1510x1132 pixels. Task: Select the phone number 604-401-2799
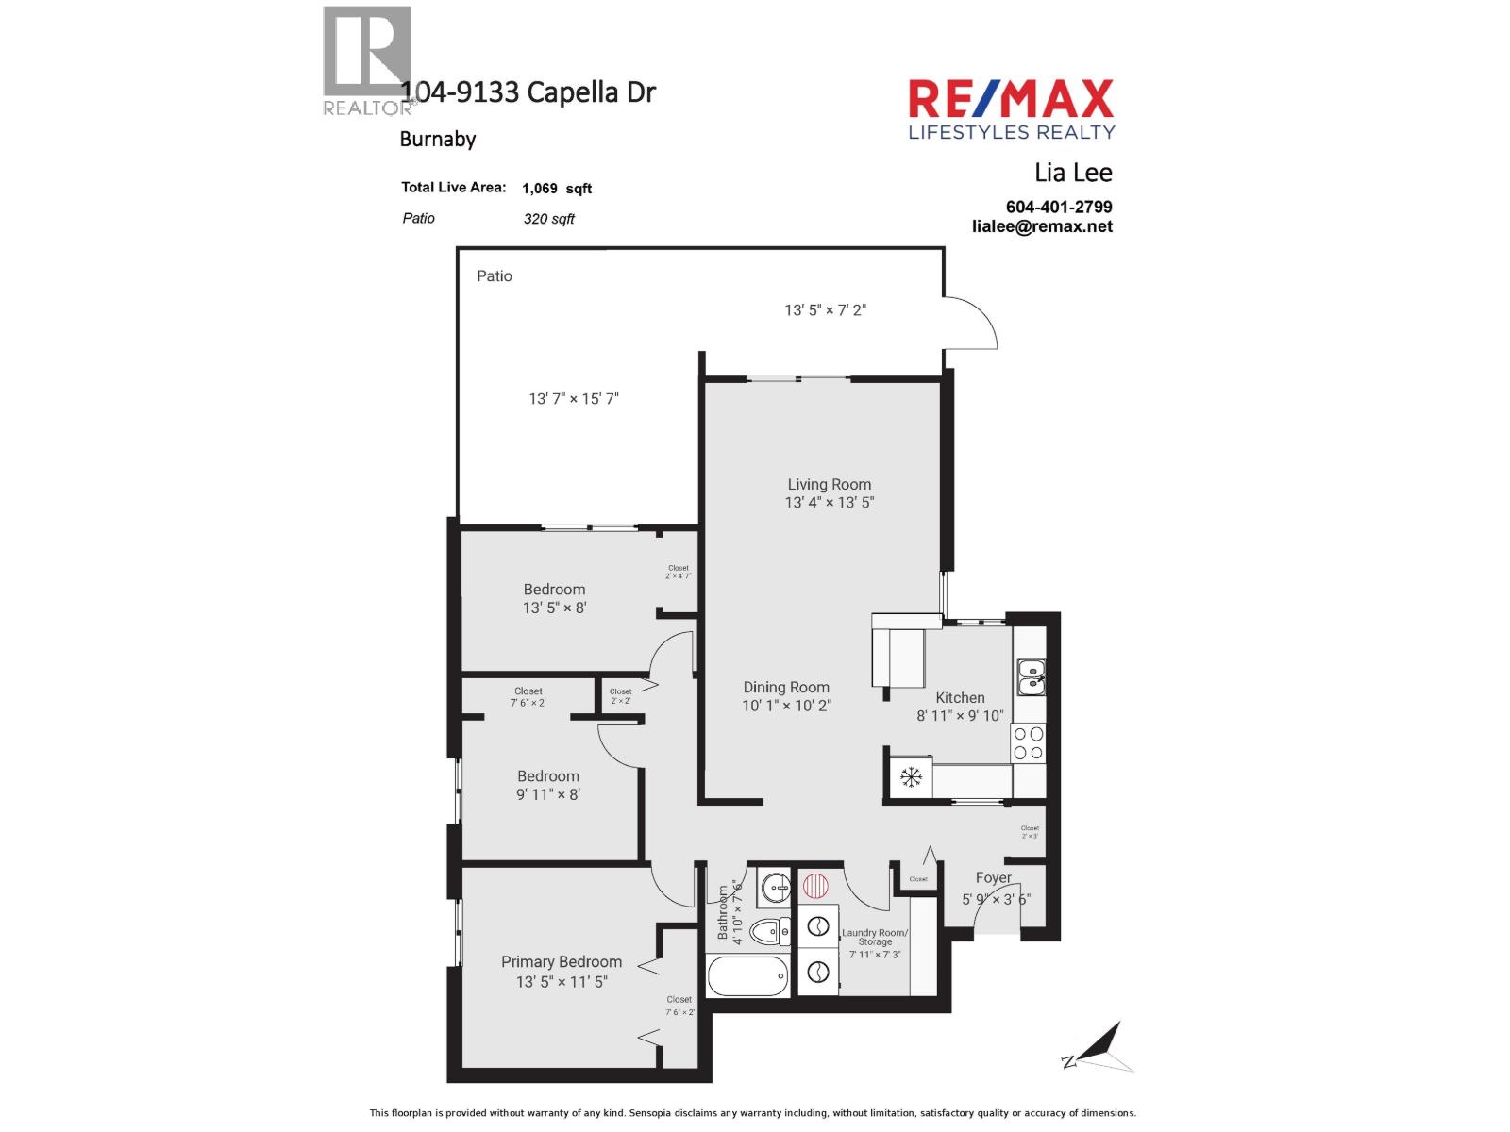[1059, 207]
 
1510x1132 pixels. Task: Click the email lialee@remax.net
[1042, 226]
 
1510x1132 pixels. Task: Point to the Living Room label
[830, 484]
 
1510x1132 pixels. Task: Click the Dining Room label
[786, 688]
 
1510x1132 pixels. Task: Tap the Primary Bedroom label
[562, 961]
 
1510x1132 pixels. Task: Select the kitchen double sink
[1031, 676]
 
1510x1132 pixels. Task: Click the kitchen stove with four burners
[1029, 743]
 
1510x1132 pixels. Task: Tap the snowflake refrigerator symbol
[911, 777]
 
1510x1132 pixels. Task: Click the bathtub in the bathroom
[747, 976]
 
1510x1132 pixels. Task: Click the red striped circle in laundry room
[815, 886]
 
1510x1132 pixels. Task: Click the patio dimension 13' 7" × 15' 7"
[574, 399]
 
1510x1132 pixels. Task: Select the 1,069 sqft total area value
[557, 189]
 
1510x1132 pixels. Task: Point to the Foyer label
[994, 877]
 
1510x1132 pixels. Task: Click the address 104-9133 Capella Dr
[528, 92]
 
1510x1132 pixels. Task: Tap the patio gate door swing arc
[977, 321]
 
